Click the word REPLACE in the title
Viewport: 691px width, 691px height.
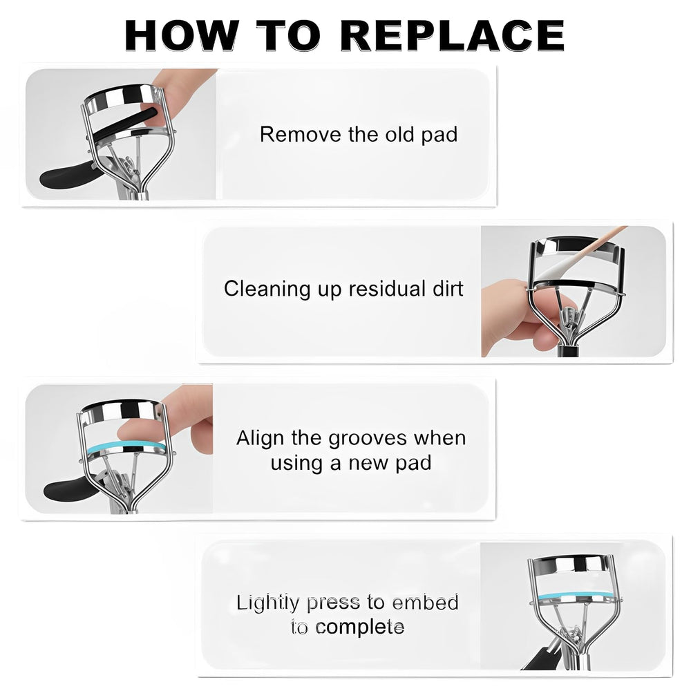(453, 36)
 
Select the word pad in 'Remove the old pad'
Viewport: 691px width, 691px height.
(439, 135)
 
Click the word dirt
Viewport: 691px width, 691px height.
(448, 289)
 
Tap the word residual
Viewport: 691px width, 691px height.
(387, 289)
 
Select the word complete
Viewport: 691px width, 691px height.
(359, 627)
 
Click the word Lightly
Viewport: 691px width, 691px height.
(267, 603)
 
